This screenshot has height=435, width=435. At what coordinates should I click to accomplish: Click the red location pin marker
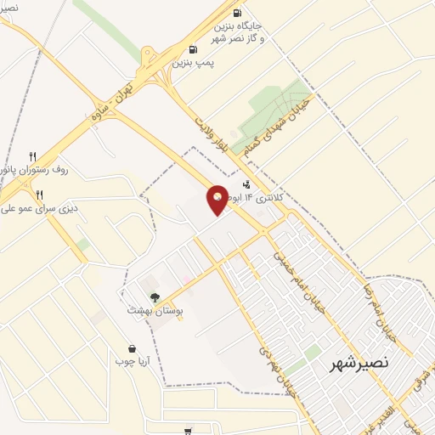pos(217,199)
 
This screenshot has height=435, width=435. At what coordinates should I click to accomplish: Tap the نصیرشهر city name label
pos(359,363)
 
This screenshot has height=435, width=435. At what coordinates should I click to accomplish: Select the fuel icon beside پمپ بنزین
pos(194,48)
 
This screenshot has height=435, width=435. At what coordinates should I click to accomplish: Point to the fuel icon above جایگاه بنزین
pos(235,13)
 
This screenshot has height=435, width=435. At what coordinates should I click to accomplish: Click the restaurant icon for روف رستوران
pos(33,156)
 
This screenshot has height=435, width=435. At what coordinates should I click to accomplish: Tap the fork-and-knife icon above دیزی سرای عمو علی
pos(39,195)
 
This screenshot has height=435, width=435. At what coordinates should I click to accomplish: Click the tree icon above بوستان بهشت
pos(155,297)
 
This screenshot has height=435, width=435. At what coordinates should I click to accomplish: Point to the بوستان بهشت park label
pos(150,311)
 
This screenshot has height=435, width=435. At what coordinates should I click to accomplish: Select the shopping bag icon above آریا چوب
pos(133,347)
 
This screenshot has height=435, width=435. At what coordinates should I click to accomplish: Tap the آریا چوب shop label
pos(132,360)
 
